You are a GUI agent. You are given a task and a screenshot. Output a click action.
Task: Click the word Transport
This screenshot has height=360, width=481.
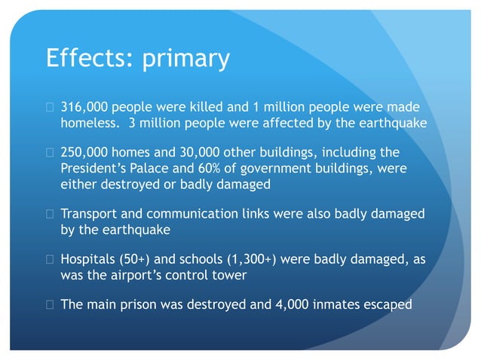[x=89, y=214]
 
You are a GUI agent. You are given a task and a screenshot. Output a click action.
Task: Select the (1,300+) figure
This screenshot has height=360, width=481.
[x=248, y=260]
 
